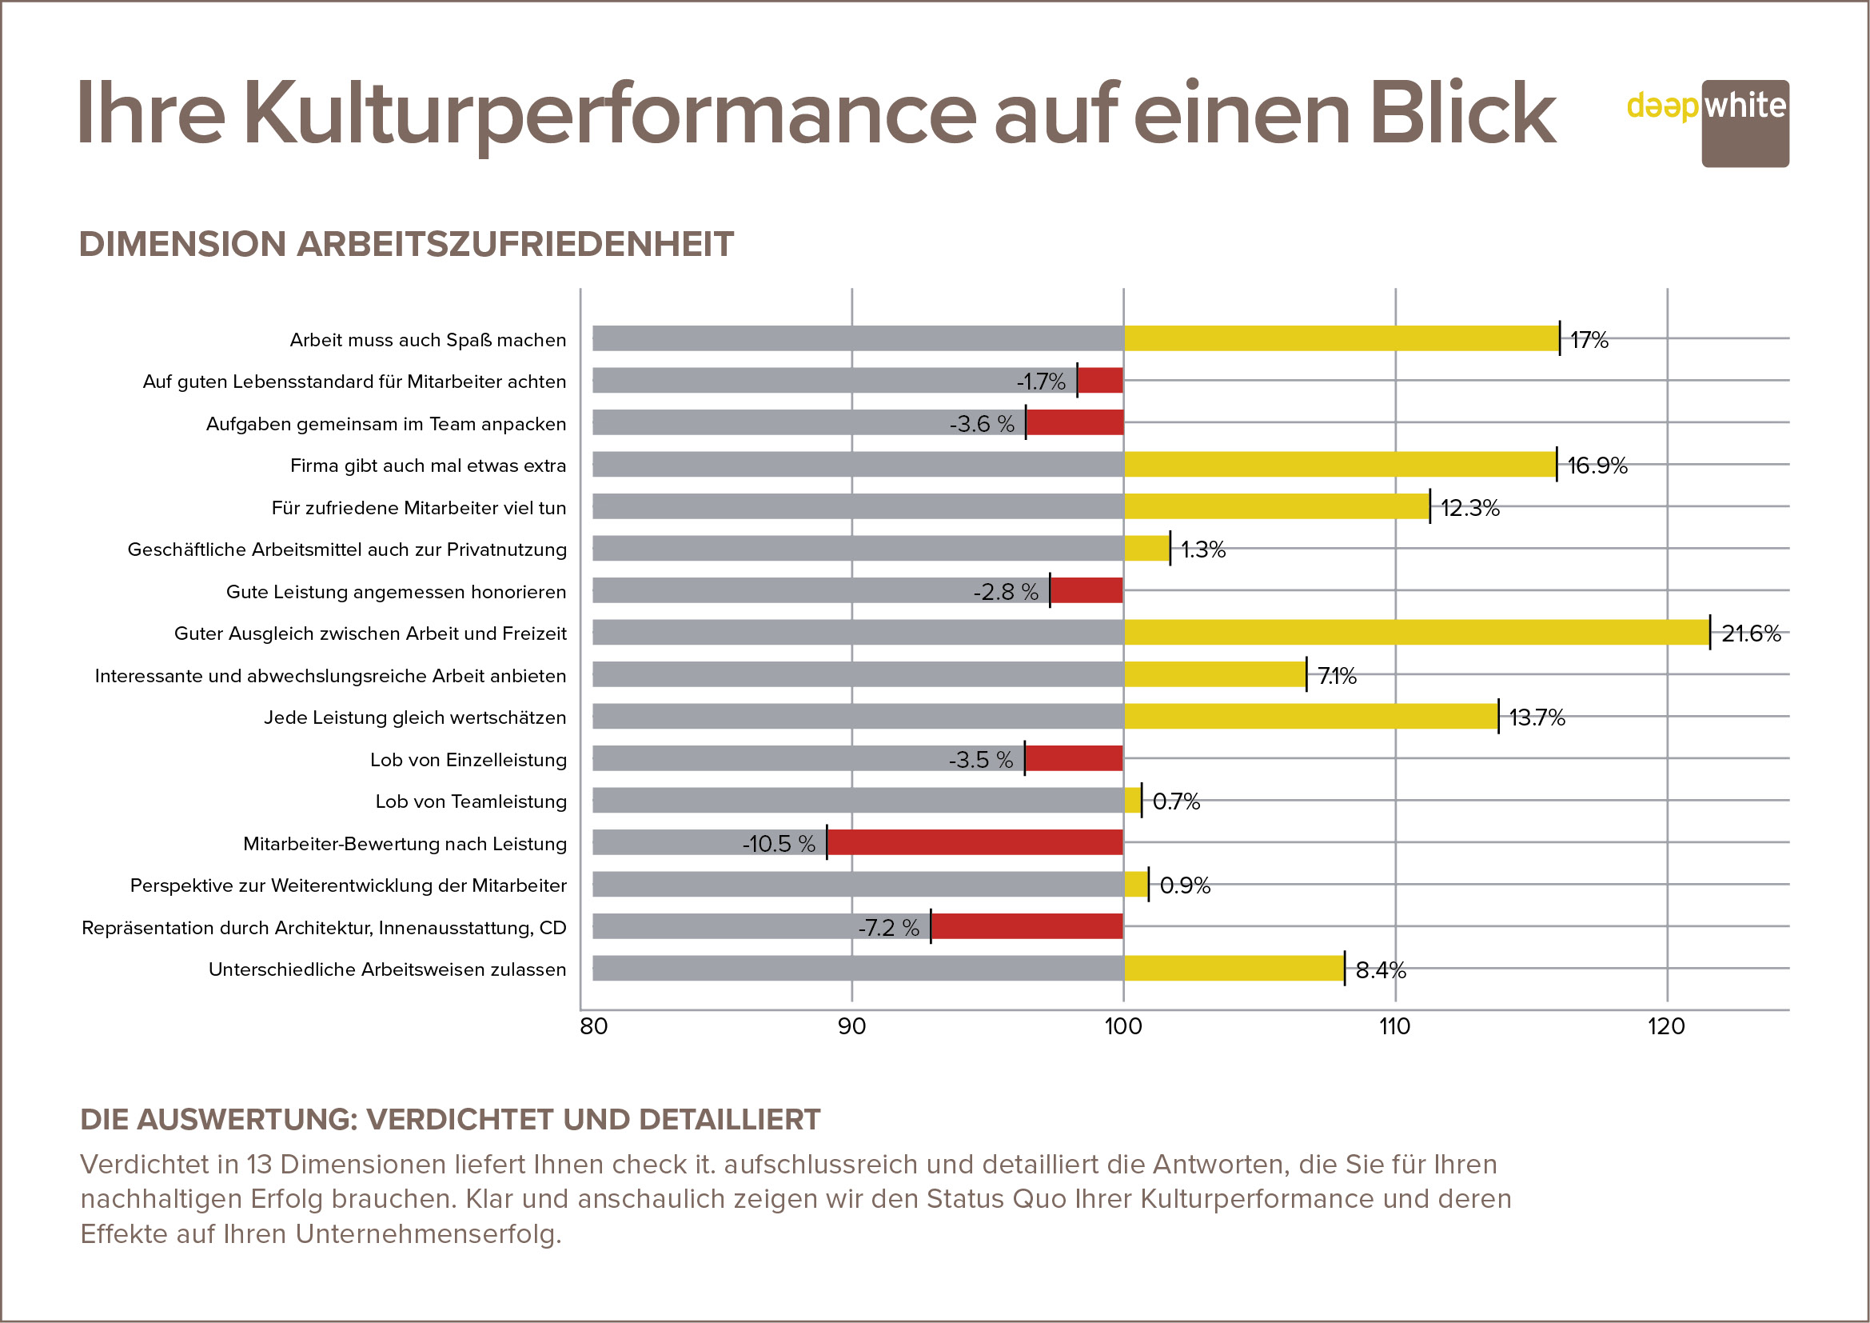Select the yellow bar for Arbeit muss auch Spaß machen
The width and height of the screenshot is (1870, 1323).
(1341, 338)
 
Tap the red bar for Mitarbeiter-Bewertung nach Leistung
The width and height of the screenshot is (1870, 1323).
(975, 842)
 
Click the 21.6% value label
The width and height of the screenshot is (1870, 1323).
(1751, 634)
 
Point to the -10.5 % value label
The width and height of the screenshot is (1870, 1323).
(779, 844)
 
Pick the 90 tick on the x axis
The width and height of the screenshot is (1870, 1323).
(852, 1026)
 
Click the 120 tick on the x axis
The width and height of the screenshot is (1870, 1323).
(1666, 1026)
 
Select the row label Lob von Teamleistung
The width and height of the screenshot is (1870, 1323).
(471, 801)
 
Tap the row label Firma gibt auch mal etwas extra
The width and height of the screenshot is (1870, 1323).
(428, 466)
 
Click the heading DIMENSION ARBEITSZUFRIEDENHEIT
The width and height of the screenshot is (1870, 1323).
(406, 245)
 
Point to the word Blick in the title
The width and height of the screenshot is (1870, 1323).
(1463, 114)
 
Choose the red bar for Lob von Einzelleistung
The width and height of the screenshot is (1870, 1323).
(1074, 758)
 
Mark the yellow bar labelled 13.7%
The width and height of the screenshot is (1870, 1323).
(1310, 716)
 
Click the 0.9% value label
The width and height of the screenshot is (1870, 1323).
(1185, 885)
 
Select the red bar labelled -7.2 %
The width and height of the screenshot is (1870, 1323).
(1027, 926)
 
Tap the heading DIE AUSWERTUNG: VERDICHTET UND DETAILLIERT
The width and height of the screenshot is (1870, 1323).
(450, 1119)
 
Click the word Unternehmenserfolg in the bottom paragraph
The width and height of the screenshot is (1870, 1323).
(428, 1234)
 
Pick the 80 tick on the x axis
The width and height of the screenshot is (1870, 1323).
(594, 1026)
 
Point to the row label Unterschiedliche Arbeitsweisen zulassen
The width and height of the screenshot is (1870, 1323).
(387, 969)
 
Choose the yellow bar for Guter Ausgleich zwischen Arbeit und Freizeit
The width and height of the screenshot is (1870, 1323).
(1417, 632)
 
